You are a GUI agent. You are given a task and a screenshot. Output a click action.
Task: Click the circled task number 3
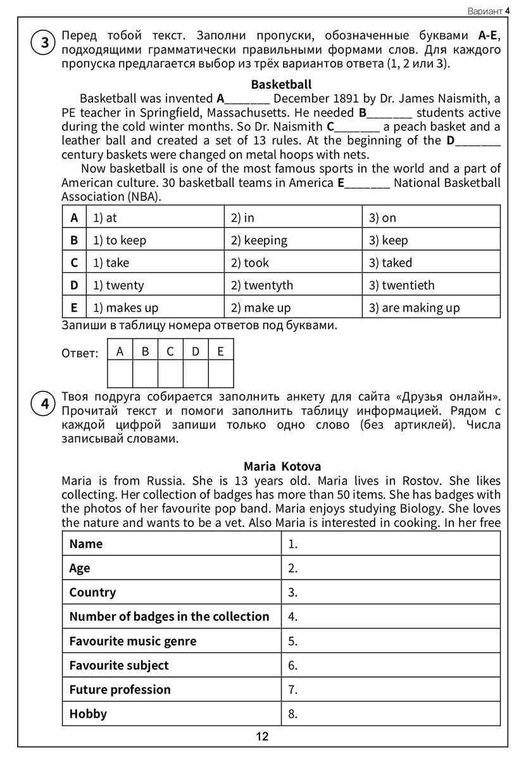44,43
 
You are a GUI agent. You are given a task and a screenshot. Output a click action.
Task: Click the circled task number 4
44,404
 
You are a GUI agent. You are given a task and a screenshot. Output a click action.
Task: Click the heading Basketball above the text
281,84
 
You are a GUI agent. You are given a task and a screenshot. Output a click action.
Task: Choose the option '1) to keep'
119,241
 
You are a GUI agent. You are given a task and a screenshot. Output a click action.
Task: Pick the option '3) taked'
390,263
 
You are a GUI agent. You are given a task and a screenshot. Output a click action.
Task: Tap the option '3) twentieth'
401,286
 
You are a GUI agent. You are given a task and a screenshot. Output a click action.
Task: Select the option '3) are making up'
414,308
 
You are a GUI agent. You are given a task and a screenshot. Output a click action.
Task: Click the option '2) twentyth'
261,286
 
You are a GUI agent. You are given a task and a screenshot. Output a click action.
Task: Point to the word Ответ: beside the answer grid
80,353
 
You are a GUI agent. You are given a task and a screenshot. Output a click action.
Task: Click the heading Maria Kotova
282,467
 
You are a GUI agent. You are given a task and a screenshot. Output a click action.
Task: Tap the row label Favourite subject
119,666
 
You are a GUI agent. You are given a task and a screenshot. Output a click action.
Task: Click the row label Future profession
120,690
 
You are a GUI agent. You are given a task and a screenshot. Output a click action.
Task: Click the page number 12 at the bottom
263,737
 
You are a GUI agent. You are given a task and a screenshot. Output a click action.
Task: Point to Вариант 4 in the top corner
488,11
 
